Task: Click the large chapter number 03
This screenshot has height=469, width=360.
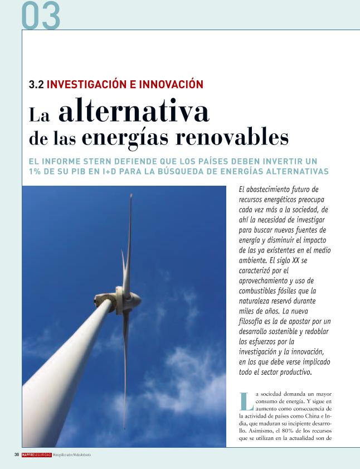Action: click(x=41, y=16)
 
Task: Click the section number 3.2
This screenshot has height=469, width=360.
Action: click(x=36, y=85)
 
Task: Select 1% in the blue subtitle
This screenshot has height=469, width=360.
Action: click(x=36, y=171)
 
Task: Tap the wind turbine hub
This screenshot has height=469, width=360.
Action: click(x=118, y=297)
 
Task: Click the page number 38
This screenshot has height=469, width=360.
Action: click(x=17, y=455)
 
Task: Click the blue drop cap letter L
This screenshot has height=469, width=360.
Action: click(x=245, y=402)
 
